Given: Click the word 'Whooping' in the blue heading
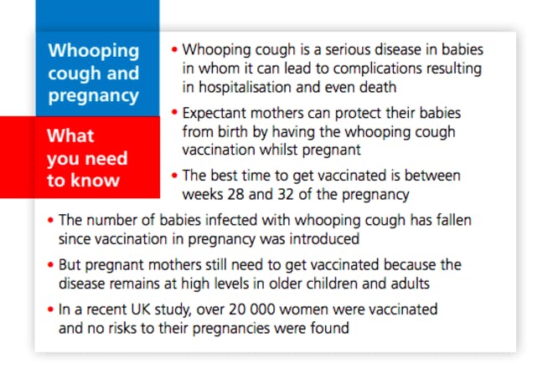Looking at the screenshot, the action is (x=94, y=51).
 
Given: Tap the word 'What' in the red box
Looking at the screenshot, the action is (x=70, y=135).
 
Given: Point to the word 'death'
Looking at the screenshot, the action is (x=378, y=87).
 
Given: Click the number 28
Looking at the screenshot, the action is (x=235, y=194).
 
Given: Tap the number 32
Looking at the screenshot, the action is (x=286, y=194).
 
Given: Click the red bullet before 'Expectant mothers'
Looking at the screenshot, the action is (x=174, y=113).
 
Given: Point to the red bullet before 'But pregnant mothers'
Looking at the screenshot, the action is (x=50, y=264).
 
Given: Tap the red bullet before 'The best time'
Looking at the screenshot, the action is (x=174, y=175).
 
